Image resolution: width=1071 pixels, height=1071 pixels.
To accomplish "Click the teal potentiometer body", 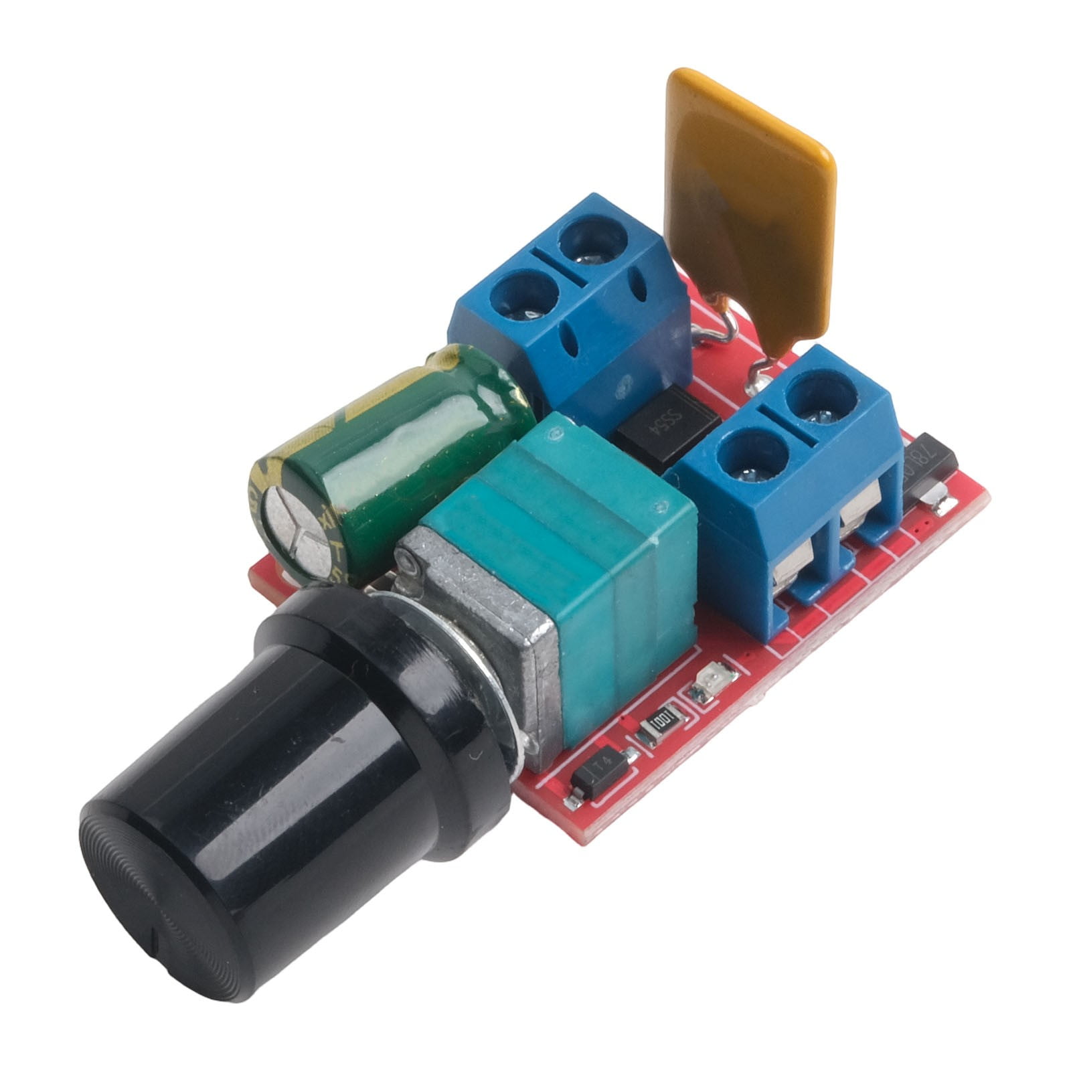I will (x=569, y=535).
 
